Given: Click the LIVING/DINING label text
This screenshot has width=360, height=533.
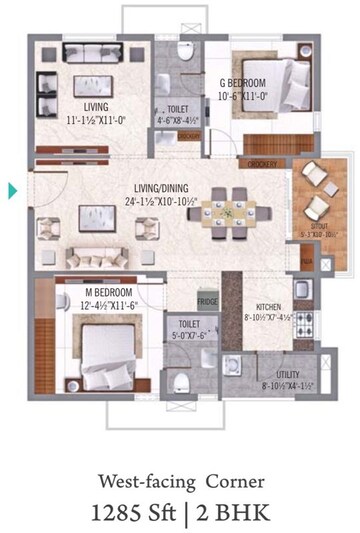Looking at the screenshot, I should point(160,187).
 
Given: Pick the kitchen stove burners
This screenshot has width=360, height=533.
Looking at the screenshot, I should point(307,324).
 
